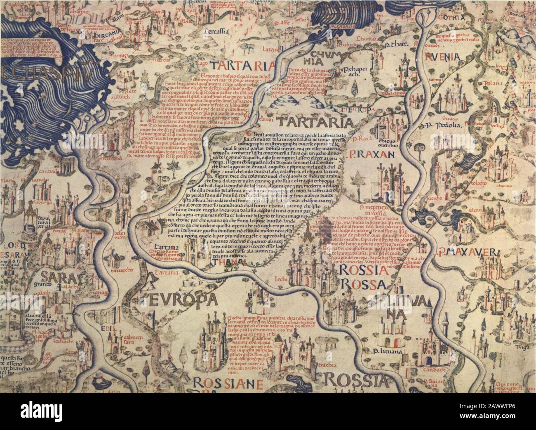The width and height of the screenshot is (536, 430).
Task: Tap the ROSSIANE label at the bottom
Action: coord(228,382)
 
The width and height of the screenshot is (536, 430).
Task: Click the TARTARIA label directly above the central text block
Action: coord(315,122)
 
